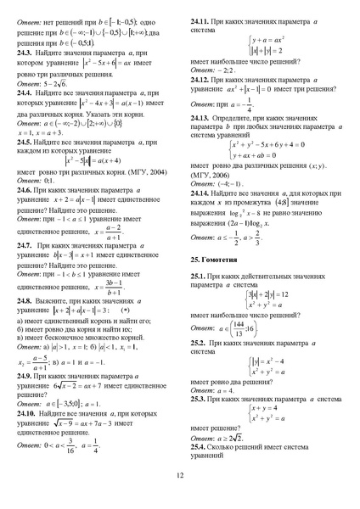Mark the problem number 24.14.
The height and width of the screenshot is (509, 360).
tap(200, 194)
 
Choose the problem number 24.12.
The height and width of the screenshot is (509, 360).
tap(200, 76)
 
